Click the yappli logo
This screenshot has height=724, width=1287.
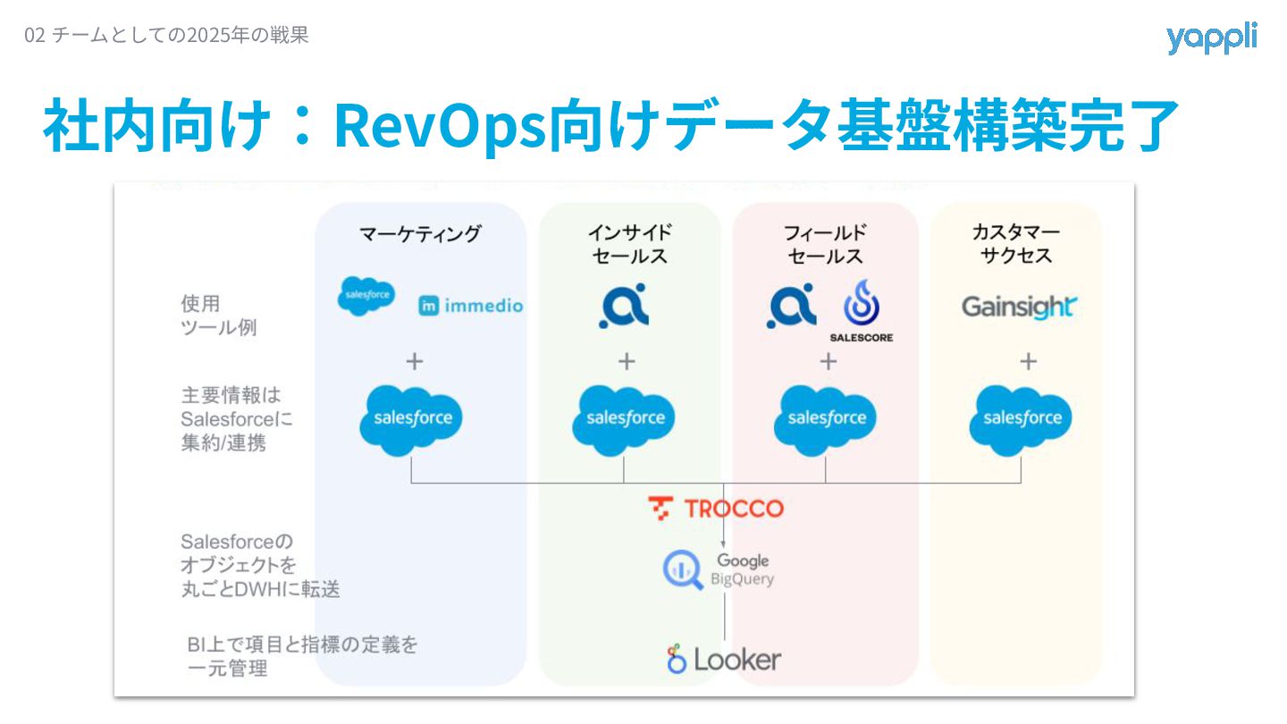[1211, 38]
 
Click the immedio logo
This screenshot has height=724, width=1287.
[471, 306]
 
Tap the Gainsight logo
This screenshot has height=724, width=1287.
[1018, 307]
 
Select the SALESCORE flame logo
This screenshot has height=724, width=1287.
[862, 310]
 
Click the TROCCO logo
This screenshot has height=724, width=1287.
[716, 509]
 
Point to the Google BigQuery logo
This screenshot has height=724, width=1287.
[718, 568]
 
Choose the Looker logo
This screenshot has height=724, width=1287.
[723, 660]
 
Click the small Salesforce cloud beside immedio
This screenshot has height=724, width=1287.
[366, 296]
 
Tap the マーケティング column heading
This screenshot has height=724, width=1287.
[419, 234]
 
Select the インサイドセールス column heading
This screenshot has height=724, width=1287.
[628, 244]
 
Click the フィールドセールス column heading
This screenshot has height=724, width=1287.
[824, 244]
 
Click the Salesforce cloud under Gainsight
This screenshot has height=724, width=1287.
[1022, 418]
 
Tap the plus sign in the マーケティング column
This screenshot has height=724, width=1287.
[414, 361]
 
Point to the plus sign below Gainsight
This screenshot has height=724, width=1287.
[1028, 361]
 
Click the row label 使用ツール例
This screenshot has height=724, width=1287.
[217, 316]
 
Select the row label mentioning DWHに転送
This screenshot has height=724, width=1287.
[259, 566]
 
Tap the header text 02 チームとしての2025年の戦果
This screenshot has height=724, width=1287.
[167, 36]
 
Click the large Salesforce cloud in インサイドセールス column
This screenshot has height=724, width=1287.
[625, 418]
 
